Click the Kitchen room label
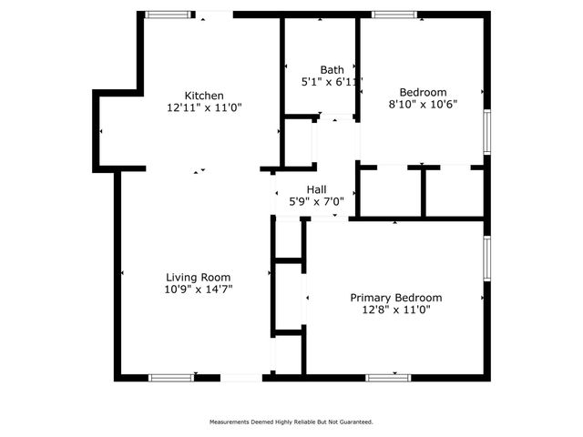(204, 96)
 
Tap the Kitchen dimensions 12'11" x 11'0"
(204, 107)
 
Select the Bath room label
(332, 69)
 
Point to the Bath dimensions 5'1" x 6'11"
(332, 82)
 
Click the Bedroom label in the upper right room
(423, 92)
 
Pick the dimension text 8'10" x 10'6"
(423, 104)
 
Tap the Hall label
(316, 188)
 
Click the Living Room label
(198, 277)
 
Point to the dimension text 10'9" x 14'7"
(198, 290)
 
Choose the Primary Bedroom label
(396, 298)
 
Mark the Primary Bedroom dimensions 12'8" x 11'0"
(396, 310)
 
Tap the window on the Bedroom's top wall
(394, 15)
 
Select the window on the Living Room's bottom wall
(171, 377)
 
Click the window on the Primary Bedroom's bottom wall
(389, 377)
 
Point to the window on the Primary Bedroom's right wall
(486, 259)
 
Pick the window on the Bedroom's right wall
(486, 132)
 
